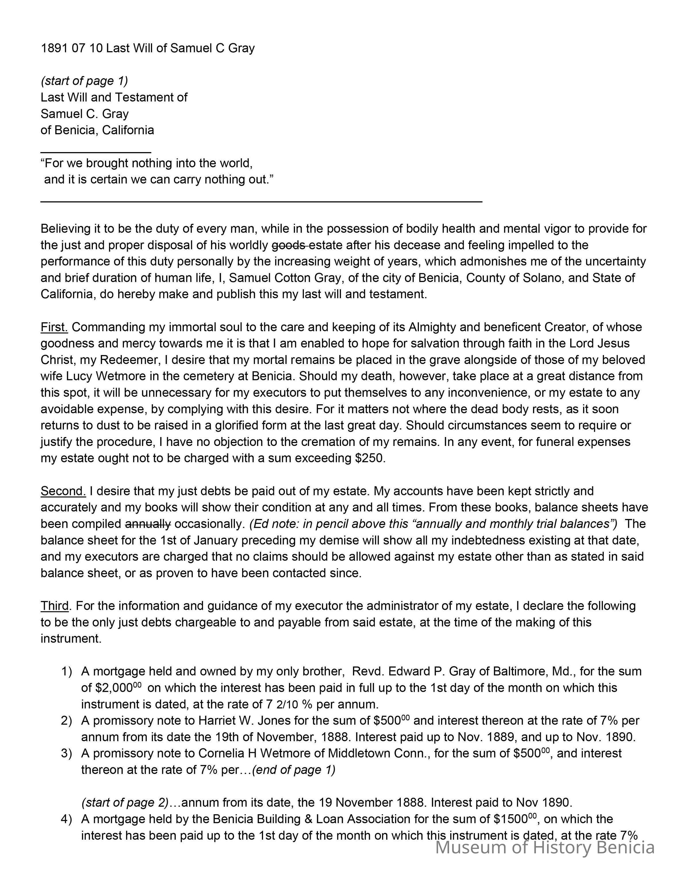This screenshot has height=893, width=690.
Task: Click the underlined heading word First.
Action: pos(54,327)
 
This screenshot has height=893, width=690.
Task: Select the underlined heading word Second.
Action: pos(63,491)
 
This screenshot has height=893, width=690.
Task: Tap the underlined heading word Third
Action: pos(54,605)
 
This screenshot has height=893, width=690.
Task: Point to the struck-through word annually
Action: pos(148,524)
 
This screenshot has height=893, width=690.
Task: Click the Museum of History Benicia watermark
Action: pos(545,847)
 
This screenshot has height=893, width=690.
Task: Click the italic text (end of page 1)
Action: pos(294,770)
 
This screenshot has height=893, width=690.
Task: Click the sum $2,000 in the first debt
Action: pos(114,688)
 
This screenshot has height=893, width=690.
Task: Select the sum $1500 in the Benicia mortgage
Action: pos(511,819)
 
